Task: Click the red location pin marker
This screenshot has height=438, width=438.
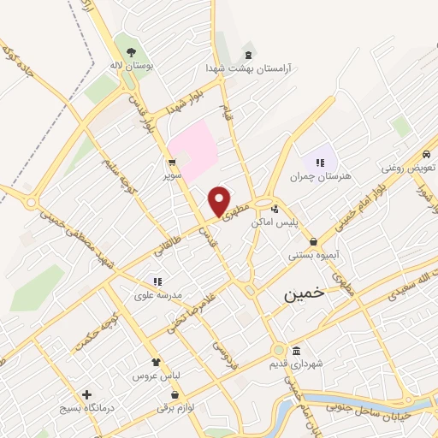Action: pyautogui.click(x=220, y=200)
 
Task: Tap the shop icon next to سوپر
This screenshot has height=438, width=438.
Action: pyautogui.click(x=173, y=161)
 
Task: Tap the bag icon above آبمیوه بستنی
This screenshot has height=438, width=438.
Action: pyautogui.click(x=314, y=241)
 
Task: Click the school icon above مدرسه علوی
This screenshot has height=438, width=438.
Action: pyautogui.click(x=157, y=281)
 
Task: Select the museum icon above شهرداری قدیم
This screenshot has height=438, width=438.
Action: pyautogui.click(x=296, y=351)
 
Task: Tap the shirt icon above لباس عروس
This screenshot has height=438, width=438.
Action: pyautogui.click(x=155, y=362)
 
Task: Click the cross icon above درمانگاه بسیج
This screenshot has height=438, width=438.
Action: pyautogui.click(x=86, y=394)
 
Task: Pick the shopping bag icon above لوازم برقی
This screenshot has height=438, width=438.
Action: pyautogui.click(x=175, y=395)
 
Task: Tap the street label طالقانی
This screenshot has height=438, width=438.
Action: pyautogui.click(x=169, y=246)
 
